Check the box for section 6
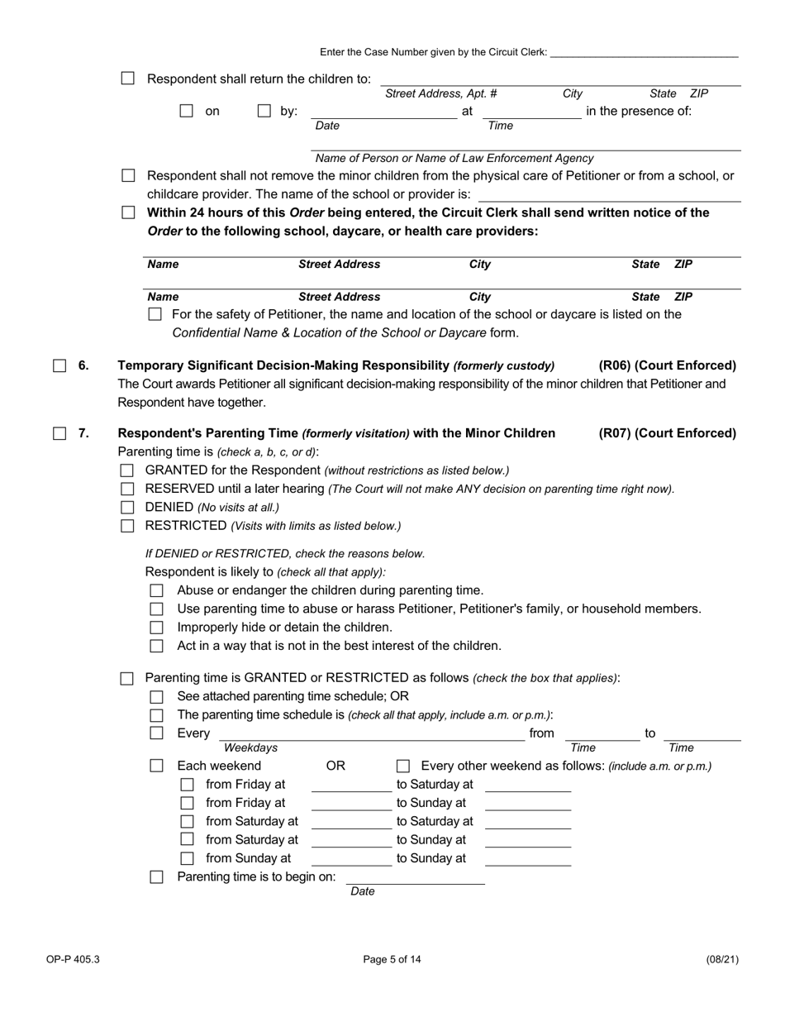(59, 365)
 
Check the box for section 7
(59, 433)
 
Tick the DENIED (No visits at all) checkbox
(127, 507)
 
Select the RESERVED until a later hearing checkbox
(127, 489)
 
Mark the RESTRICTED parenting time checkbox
(127, 526)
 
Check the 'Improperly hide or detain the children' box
(157, 628)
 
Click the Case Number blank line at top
(644, 53)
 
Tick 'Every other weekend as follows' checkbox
(403, 766)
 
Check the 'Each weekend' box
(157, 766)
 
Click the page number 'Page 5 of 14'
(392, 960)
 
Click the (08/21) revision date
(722, 960)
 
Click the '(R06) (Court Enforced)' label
(667, 365)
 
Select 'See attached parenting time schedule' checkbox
(157, 696)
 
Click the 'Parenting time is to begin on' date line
(415, 878)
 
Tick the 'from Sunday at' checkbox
(187, 858)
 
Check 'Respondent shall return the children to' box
(127, 79)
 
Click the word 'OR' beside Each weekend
(335, 766)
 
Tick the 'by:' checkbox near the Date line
(264, 111)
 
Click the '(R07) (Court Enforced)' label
(667, 433)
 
